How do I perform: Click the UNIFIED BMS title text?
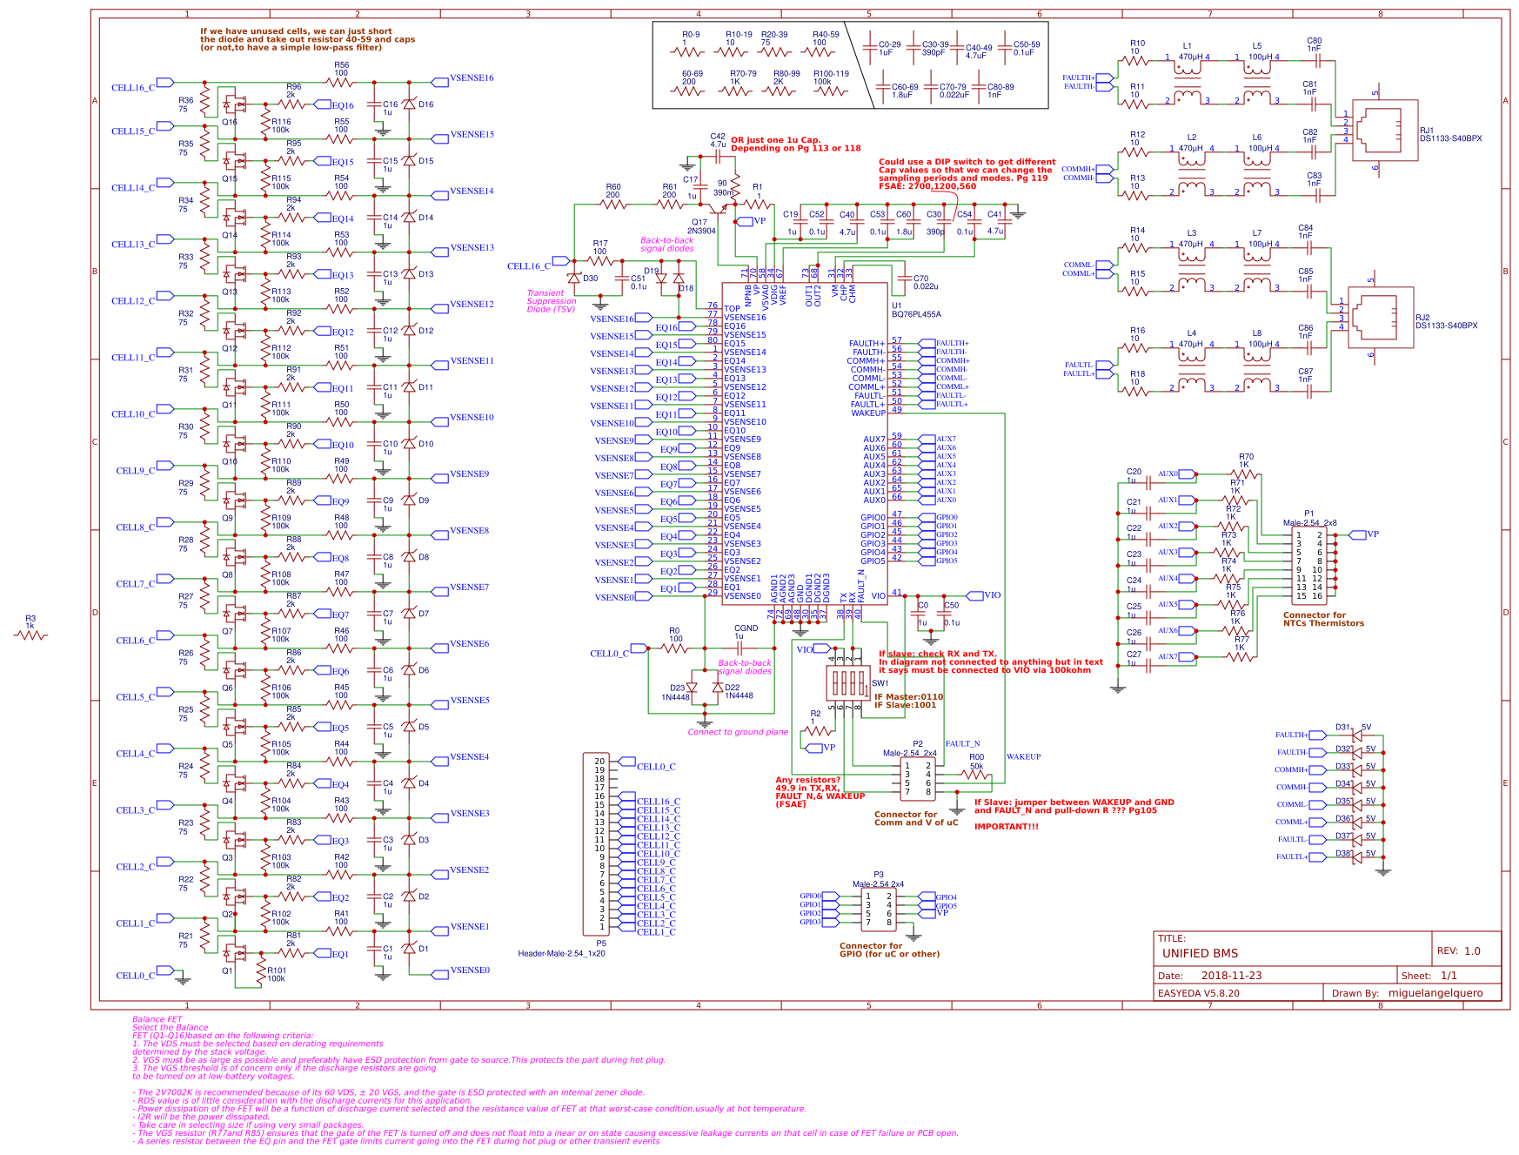click(1200, 953)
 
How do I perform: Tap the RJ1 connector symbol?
click(1384, 131)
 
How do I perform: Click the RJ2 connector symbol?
click(1380, 318)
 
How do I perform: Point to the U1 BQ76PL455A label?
click(915, 311)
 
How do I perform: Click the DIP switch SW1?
click(846, 682)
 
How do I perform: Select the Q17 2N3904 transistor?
click(718, 210)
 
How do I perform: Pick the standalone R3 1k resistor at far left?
click(30, 635)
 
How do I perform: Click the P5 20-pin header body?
click(597, 844)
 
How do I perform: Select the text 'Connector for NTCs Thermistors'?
click(1322, 619)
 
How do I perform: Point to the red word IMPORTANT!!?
click(1006, 827)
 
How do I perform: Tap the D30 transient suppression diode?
click(574, 279)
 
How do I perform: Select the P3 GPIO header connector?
click(878, 910)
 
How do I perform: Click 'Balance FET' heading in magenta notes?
click(157, 1019)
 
